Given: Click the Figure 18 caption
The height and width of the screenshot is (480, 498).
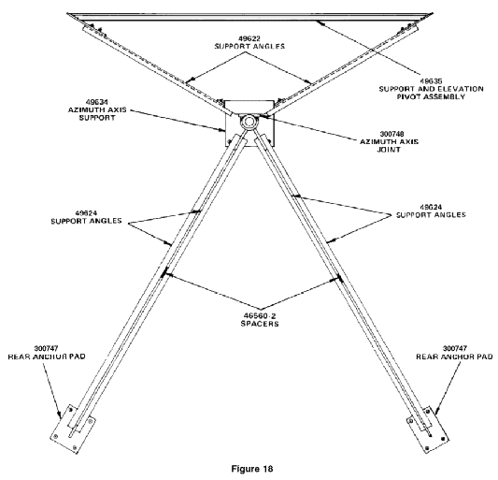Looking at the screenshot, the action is click(252, 469).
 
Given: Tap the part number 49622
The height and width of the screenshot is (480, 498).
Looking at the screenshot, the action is click(249, 38).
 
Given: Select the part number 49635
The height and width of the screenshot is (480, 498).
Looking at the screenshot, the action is click(431, 81).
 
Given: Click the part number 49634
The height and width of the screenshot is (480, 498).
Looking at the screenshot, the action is click(97, 102).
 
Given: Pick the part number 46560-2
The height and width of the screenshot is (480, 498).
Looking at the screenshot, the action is click(260, 316).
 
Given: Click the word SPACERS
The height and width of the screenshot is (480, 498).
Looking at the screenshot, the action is click(260, 324).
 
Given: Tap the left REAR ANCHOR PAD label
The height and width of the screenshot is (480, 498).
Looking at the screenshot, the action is click(47, 356).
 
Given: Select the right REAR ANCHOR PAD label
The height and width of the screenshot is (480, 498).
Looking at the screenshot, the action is click(454, 356).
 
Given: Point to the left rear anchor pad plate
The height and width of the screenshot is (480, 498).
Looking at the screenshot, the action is click(73, 429).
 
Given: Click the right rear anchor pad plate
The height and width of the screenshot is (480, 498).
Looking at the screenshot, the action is click(428, 429).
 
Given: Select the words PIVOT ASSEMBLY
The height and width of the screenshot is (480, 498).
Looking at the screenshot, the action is click(431, 96).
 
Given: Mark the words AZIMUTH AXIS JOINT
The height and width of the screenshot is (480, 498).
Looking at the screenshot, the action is click(389, 145).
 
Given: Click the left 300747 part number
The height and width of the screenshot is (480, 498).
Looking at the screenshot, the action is click(47, 349).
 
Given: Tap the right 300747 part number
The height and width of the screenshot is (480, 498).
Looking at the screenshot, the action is click(455, 349).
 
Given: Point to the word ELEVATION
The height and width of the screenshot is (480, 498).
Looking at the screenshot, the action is click(460, 89).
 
